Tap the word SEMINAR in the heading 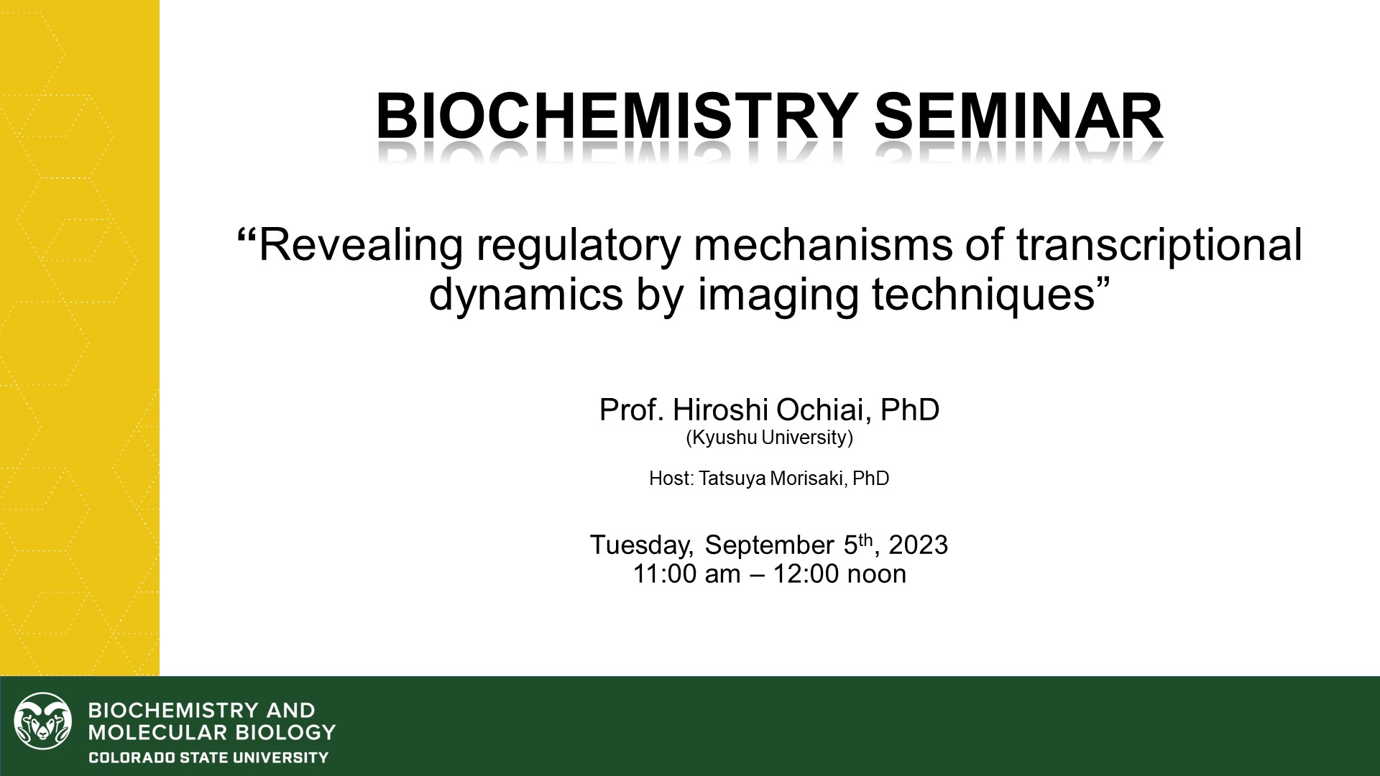[x=1018, y=116]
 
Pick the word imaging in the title [x=778, y=295]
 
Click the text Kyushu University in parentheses [x=770, y=438]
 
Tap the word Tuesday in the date [x=641, y=545]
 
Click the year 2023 [x=918, y=545]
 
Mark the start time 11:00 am [x=687, y=574]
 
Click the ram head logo [x=43, y=721]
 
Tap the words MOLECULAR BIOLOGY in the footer [x=212, y=733]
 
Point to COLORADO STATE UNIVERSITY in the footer [x=208, y=757]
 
